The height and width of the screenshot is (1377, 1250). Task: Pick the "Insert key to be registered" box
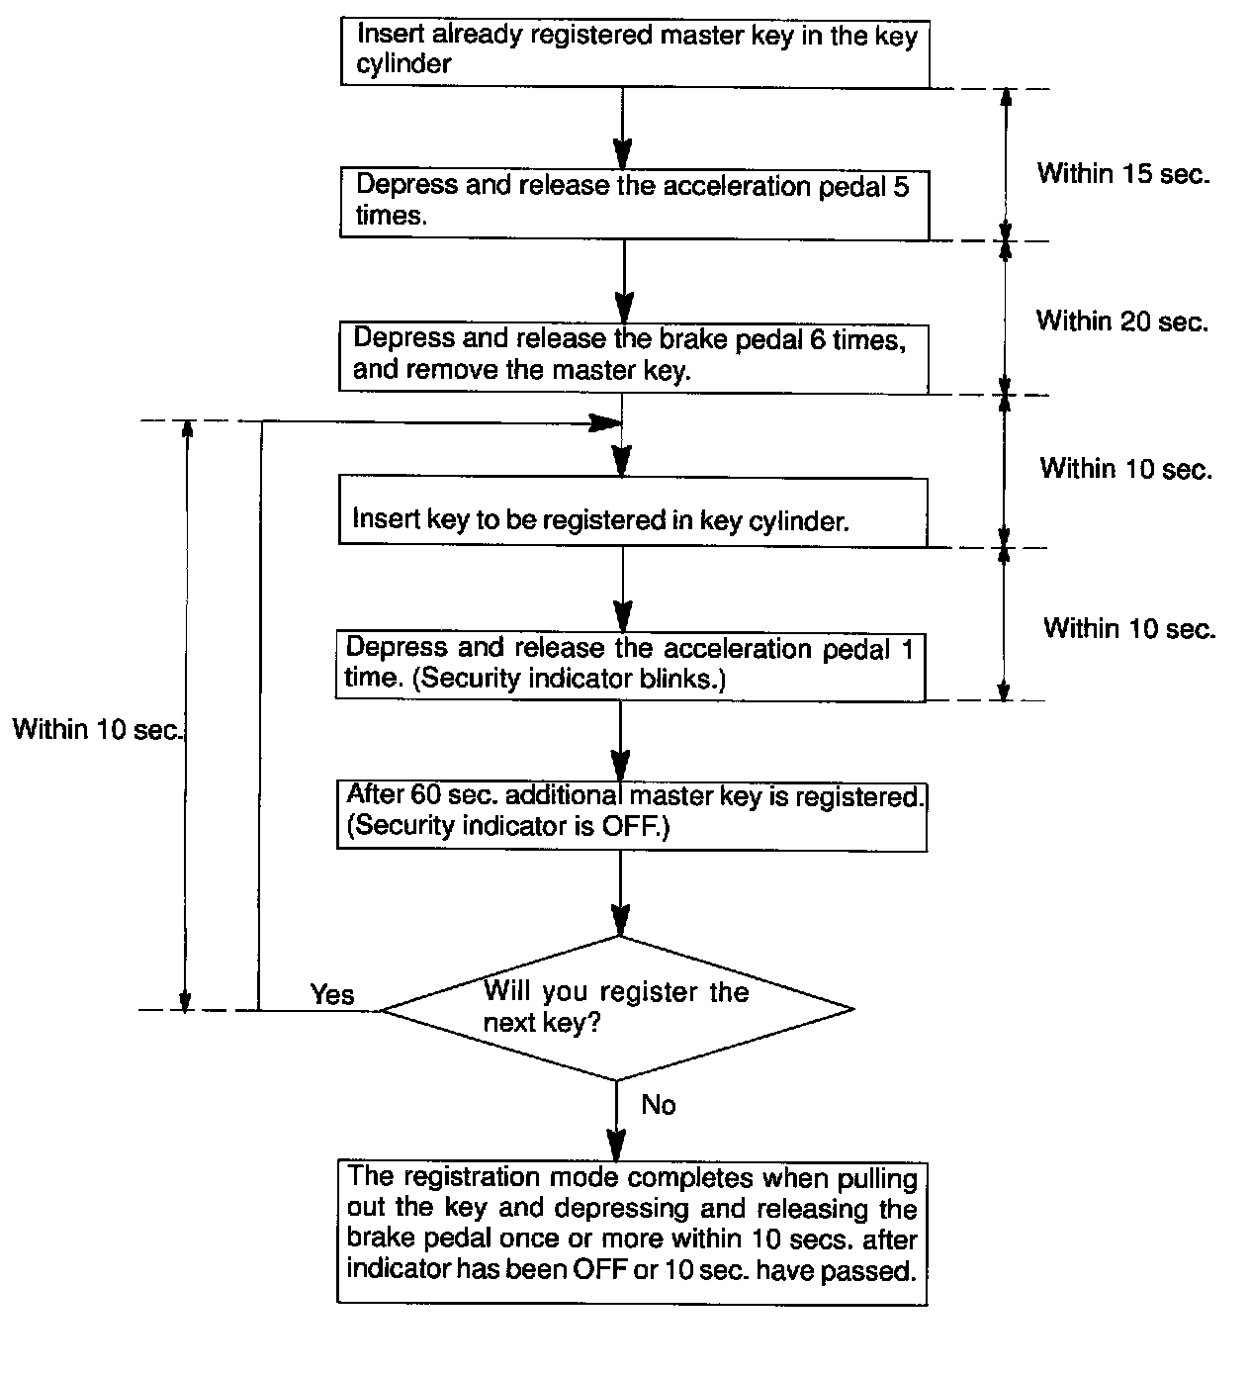(x=633, y=510)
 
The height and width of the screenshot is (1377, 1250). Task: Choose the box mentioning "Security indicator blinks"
(x=630, y=665)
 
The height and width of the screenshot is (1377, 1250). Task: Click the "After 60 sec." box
(x=631, y=815)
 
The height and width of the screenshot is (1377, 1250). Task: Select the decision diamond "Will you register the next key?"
(x=617, y=1009)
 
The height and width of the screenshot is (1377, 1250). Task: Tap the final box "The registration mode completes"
(x=632, y=1233)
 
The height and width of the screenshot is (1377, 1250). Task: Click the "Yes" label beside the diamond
(x=332, y=994)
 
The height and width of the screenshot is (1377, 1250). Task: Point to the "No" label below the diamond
(x=659, y=1104)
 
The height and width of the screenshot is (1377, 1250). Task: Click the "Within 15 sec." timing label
(x=1123, y=174)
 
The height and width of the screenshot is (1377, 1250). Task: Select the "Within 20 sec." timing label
(x=1122, y=321)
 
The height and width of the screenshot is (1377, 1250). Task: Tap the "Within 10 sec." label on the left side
(x=97, y=730)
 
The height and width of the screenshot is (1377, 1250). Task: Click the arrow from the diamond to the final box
(x=617, y=1123)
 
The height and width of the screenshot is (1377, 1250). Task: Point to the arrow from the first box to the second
(x=622, y=129)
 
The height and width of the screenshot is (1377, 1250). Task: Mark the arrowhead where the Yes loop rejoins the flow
(x=605, y=423)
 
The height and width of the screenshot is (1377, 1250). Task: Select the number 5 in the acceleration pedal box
(x=901, y=186)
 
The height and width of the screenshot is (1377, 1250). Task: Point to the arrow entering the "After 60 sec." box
(x=620, y=742)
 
